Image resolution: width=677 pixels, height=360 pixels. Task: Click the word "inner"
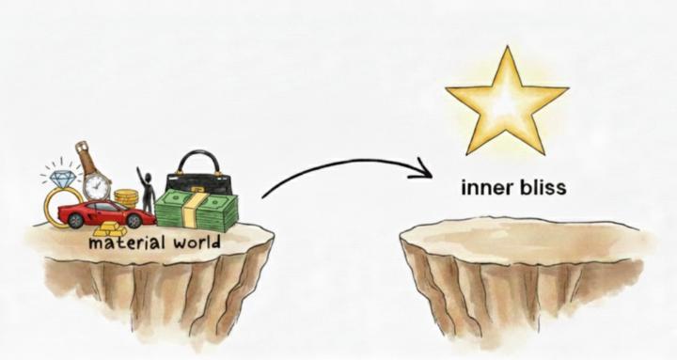(x=484, y=187)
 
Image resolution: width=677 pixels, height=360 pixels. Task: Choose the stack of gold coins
(x=125, y=198)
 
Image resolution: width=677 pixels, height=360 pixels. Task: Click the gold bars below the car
(x=110, y=231)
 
